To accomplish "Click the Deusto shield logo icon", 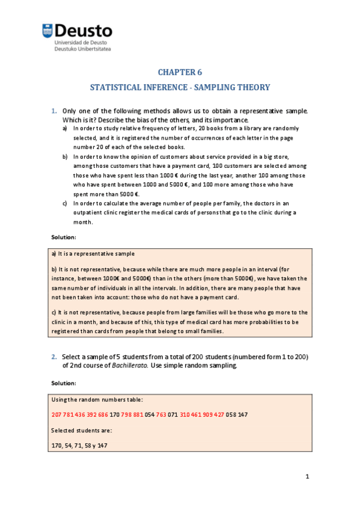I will click(x=47, y=31).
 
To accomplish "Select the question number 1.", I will click(x=53, y=111).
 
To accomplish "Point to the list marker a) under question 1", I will click(x=65, y=128).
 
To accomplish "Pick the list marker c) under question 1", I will click(x=65, y=203).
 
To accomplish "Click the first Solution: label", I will click(x=63, y=238).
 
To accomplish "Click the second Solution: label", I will click(x=63, y=382).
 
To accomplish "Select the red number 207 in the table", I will click(x=58, y=415).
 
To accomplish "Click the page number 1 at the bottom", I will click(x=307, y=477).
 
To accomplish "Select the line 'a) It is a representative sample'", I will click(x=93, y=254).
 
